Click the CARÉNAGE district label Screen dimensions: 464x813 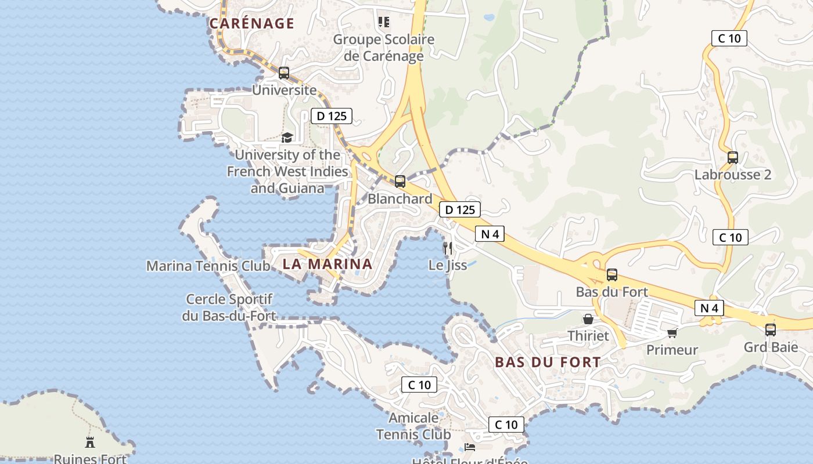(x=251, y=23)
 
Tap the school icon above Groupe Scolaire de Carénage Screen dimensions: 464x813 (x=383, y=22)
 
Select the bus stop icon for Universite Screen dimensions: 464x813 (x=283, y=73)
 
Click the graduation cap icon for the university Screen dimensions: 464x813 (x=287, y=137)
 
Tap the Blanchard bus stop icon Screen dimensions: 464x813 (x=400, y=182)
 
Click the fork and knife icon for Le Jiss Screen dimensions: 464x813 (x=447, y=248)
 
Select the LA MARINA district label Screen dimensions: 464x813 (x=327, y=264)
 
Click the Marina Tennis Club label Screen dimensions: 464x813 (x=208, y=266)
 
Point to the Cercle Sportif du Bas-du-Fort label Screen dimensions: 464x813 (x=229, y=307)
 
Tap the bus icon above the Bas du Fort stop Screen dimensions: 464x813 (x=611, y=275)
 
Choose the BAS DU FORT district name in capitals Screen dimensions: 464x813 (x=548, y=362)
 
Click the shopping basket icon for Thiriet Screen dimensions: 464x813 (x=588, y=319)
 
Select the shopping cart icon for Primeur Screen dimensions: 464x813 (x=672, y=333)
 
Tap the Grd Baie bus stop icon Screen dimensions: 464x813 (x=770, y=330)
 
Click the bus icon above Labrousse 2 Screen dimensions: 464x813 (x=732, y=158)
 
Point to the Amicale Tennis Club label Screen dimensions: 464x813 (x=413, y=426)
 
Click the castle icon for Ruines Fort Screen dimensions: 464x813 (x=90, y=442)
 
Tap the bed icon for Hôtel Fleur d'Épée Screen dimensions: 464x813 (x=470, y=447)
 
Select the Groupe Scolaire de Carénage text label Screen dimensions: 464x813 (x=383, y=48)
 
